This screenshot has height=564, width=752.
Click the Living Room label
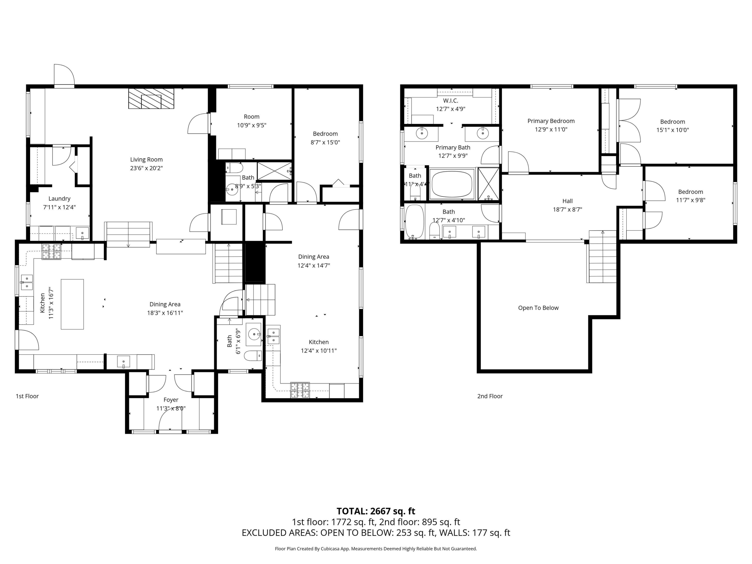pyautogui.click(x=146, y=159)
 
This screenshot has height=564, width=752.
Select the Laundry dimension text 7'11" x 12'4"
pyautogui.click(x=59, y=207)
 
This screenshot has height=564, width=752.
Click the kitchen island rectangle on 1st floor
pyautogui.click(x=72, y=304)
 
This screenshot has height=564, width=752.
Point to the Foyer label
pyautogui.click(x=171, y=400)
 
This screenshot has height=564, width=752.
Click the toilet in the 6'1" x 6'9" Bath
pyautogui.click(x=253, y=356)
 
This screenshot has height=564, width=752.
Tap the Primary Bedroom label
pyautogui.click(x=551, y=121)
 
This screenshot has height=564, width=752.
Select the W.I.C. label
pyautogui.click(x=450, y=101)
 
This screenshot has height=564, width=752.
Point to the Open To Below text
pyautogui.click(x=538, y=308)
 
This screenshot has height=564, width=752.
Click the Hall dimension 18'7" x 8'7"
pyautogui.click(x=568, y=209)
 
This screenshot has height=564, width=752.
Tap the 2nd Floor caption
pyautogui.click(x=490, y=396)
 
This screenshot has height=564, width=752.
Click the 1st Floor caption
pyautogui.click(x=27, y=396)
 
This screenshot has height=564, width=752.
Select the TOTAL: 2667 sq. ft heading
pyautogui.click(x=376, y=511)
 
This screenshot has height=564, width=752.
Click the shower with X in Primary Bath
pyautogui.click(x=488, y=183)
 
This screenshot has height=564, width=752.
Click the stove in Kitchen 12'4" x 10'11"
pyautogui.click(x=300, y=390)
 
